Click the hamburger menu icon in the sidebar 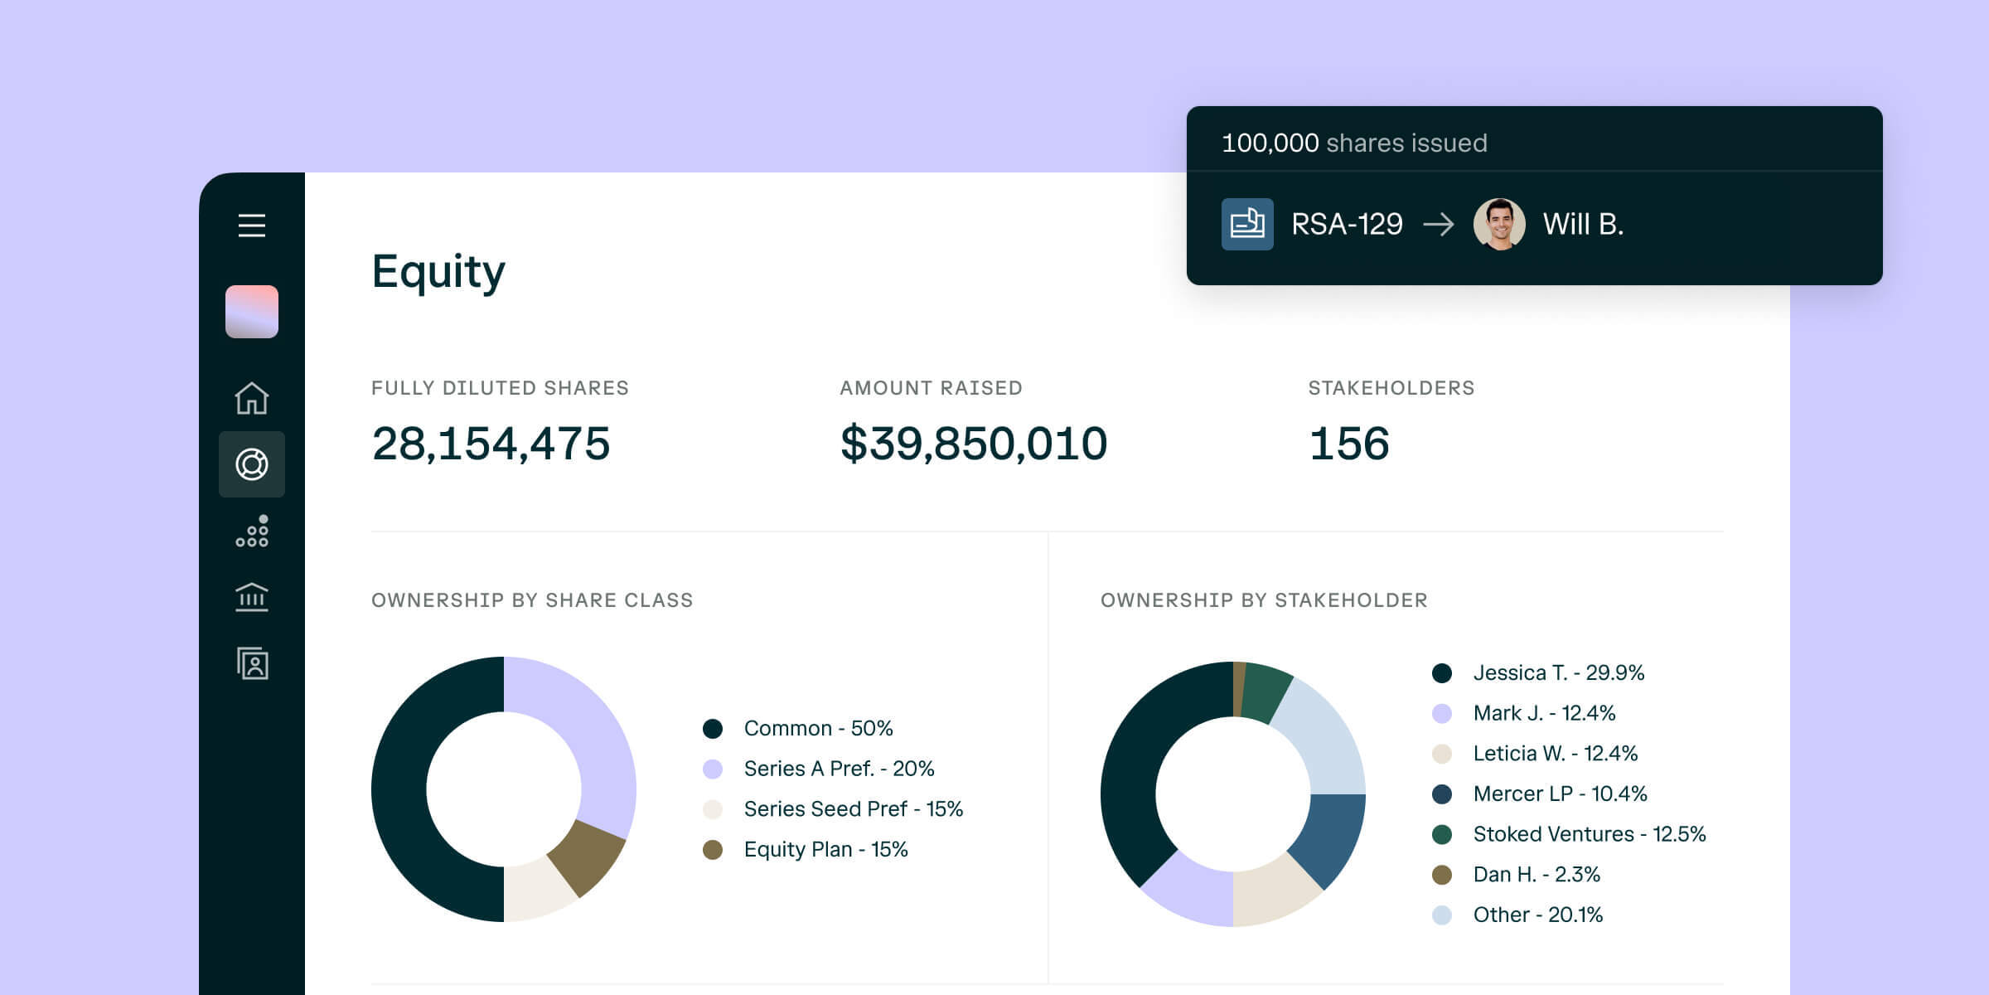coord(252,226)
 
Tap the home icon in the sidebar coord(252,398)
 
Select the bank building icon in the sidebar coord(252,597)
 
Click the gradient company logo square coord(252,312)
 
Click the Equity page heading coord(438,272)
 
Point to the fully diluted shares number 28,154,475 coord(491,444)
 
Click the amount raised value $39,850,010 coord(973,444)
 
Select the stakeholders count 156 coord(1348,444)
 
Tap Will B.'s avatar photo coord(1499,224)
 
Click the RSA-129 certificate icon coord(1247,224)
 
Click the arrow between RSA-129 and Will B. coord(1438,224)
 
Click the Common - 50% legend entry coord(817,728)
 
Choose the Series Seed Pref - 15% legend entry coord(852,808)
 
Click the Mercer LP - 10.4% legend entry coord(1559,794)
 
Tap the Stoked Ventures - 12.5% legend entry coord(1588,834)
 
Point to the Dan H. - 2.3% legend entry coord(1536,874)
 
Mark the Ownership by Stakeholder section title coord(1263,600)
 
